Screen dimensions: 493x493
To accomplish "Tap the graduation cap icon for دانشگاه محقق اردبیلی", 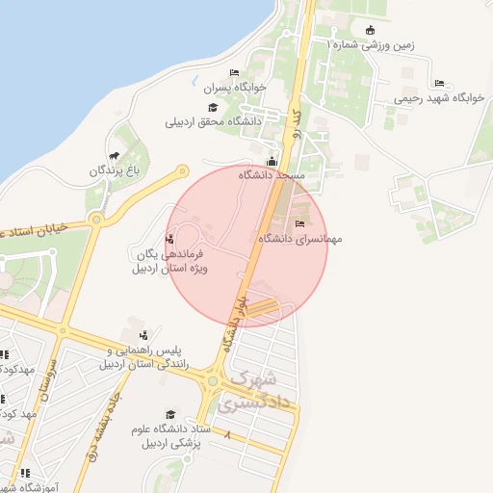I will pos(212,108).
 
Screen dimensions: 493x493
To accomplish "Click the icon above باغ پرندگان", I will pos(115,156).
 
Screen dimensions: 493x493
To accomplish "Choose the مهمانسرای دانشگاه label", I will pos(298,237).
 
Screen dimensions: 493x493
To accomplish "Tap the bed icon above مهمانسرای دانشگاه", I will pos(298,223).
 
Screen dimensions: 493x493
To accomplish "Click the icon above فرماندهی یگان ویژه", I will pos(170,239).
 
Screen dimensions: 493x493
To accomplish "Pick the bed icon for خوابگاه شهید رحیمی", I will pos(439,83).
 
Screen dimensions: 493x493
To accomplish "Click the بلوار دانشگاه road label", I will pos(233,325).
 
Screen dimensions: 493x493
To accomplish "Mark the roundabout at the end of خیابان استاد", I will pos(95,221).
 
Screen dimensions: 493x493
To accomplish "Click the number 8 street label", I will pos(228,436).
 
